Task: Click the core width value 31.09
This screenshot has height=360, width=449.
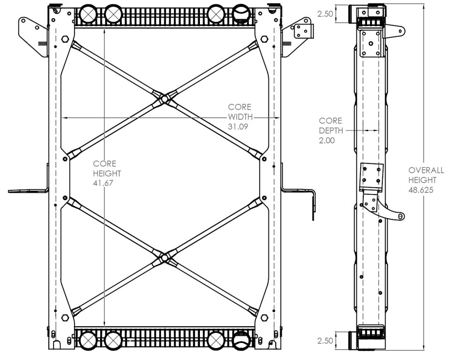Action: [x=238, y=126]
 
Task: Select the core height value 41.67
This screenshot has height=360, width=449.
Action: [x=103, y=183]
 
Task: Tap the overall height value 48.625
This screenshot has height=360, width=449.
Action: [x=420, y=190]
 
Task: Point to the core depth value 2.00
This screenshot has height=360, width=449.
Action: [x=327, y=141]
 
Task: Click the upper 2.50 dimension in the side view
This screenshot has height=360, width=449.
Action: [x=325, y=14]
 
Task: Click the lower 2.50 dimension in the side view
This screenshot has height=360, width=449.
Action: [x=325, y=341]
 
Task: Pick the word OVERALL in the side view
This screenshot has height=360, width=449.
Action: [x=426, y=171]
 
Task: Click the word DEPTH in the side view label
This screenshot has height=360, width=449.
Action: [x=331, y=131]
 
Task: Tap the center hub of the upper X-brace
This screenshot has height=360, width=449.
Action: [x=164, y=99]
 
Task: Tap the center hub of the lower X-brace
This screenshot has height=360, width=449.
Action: [x=164, y=258]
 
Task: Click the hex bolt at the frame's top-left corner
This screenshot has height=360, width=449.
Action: [x=65, y=39]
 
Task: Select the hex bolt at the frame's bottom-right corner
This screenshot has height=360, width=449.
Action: [x=264, y=318]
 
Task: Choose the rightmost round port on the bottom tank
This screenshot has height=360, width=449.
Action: [x=241, y=340]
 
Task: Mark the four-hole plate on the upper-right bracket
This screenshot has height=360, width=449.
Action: [x=302, y=31]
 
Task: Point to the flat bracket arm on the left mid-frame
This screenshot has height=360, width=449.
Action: [x=28, y=191]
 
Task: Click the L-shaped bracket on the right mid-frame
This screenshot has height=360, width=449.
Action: [x=298, y=191]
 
